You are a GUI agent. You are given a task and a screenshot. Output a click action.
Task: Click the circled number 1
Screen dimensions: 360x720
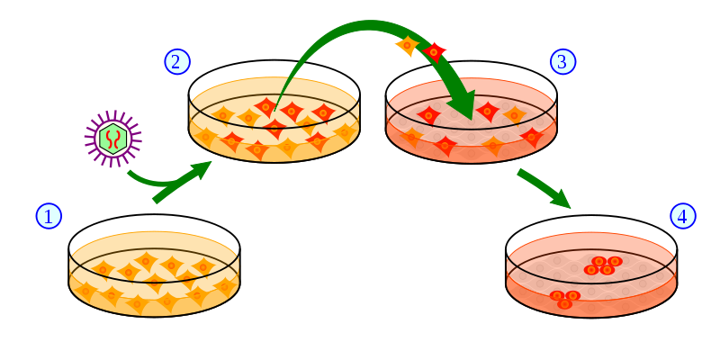pos(49,216)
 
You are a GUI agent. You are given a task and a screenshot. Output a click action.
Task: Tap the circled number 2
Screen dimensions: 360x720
pos(177,61)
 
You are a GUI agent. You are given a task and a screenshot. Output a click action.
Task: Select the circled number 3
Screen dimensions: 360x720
pos(562,61)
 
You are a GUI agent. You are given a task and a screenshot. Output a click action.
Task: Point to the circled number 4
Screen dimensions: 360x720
pos(682,216)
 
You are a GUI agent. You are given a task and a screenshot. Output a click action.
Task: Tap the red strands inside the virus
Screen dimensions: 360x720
pos(112,139)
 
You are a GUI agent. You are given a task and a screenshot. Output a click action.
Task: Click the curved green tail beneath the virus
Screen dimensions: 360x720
pos(139,179)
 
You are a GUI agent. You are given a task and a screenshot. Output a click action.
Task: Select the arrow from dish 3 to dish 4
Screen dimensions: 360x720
pos(544,189)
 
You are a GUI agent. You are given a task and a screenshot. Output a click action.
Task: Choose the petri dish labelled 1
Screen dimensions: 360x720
pos(154,274)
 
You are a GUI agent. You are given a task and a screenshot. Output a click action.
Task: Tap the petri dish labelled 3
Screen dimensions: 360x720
pos(471,126)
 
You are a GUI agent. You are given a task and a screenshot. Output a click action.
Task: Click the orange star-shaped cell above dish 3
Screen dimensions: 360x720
pos(407,44)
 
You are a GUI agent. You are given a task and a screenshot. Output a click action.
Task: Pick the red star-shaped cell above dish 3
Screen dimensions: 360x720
pos(435,52)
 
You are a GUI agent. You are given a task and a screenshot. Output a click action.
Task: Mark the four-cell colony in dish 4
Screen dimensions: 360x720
pos(602,265)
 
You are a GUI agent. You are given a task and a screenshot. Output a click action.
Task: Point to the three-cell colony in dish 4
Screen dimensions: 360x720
pos(564,299)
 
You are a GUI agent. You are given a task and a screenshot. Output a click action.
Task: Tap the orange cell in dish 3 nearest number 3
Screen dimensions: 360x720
pos(514,114)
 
